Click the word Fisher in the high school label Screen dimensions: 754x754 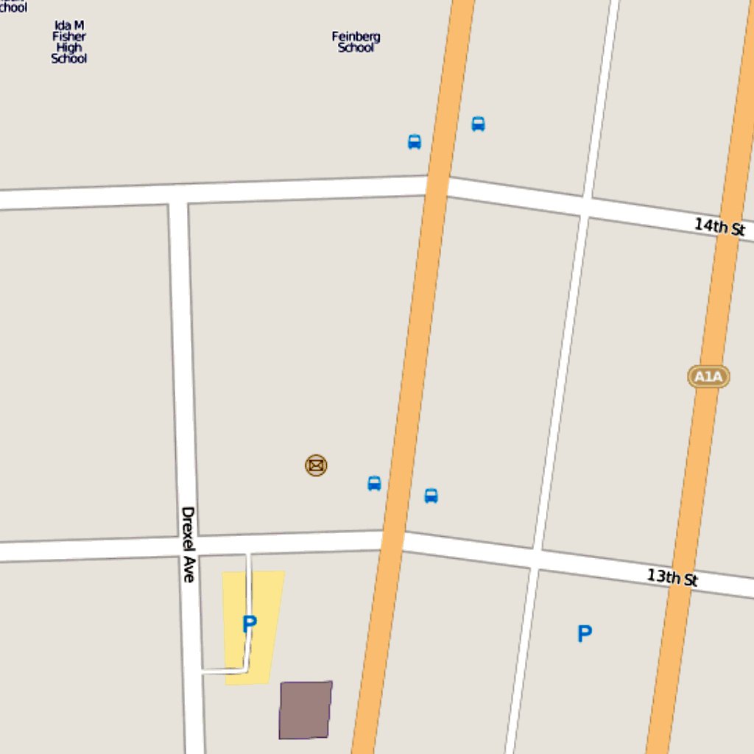point(69,36)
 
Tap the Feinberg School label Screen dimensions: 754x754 point(356,41)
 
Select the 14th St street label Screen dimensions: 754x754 point(719,226)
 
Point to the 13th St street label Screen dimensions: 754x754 point(672,577)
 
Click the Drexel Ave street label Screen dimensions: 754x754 point(188,544)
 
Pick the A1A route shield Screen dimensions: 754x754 point(708,377)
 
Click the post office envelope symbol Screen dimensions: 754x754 point(316,465)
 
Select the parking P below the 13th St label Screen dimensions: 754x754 point(584,633)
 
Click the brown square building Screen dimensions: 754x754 point(306,710)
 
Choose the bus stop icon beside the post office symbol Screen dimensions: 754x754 point(374,484)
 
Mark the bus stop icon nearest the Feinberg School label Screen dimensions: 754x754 point(415,142)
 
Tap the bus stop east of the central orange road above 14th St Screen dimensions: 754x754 point(478,124)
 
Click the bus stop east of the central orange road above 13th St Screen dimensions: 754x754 point(431,496)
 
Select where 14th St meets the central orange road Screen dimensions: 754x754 point(437,186)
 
